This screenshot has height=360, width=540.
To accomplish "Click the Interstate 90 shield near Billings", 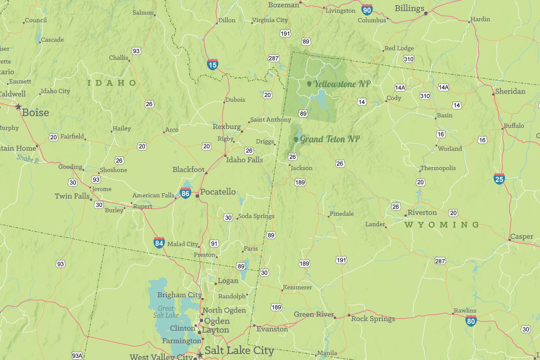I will pyautogui.click(x=367, y=10).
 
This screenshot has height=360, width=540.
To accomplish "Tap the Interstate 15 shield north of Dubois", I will pyautogui.click(x=212, y=64).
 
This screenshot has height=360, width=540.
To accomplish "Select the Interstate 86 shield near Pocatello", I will pyautogui.click(x=185, y=193).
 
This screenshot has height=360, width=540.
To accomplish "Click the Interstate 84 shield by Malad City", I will pyautogui.click(x=159, y=243).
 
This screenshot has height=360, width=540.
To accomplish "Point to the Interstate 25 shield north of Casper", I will pyautogui.click(x=499, y=179).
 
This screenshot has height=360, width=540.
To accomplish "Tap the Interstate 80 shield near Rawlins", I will pyautogui.click(x=471, y=321).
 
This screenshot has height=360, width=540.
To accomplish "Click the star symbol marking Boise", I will pyautogui.click(x=19, y=106).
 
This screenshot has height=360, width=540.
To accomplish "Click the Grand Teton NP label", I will pyautogui.click(x=329, y=139).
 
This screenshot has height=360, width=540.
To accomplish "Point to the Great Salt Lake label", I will pyautogui.click(x=166, y=312).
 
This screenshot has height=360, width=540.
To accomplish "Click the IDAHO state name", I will pyautogui.click(x=112, y=83).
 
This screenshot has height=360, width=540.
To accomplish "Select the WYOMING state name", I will pyautogui.click(x=442, y=225).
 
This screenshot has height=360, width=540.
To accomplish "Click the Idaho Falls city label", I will pyautogui.click(x=244, y=160).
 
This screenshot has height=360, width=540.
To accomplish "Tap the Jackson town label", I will pyautogui.click(x=301, y=168).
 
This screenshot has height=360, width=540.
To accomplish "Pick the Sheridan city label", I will pyautogui.click(x=510, y=91).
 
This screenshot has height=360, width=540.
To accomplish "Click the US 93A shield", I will pyautogui.click(x=77, y=356).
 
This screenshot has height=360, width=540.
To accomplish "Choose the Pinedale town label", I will pyautogui.click(x=341, y=214).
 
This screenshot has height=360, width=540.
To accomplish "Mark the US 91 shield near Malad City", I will pyautogui.click(x=214, y=244).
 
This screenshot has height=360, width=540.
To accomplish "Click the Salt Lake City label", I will pyautogui.click(x=239, y=350).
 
